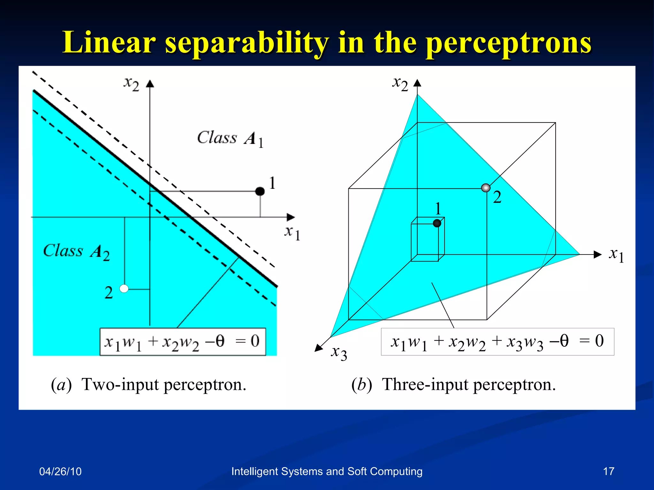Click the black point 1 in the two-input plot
coord(260,191)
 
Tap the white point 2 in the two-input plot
coord(124,289)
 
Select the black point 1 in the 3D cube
coord(437,223)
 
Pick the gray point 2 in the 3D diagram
coord(486,188)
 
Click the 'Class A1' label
coord(230,139)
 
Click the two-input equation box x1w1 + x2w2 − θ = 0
coord(183,342)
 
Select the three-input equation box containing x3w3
coord(497,342)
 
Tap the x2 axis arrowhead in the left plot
coord(150,84)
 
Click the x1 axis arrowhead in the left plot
coord(291,217)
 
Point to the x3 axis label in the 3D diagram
coord(339,353)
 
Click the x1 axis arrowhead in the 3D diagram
coord(597,255)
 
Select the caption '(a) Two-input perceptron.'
coord(149,384)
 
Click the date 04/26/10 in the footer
coord(60,471)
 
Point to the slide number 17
coord(609,471)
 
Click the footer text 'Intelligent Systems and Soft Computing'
coord(327,471)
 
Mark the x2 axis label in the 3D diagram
coord(400,84)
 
